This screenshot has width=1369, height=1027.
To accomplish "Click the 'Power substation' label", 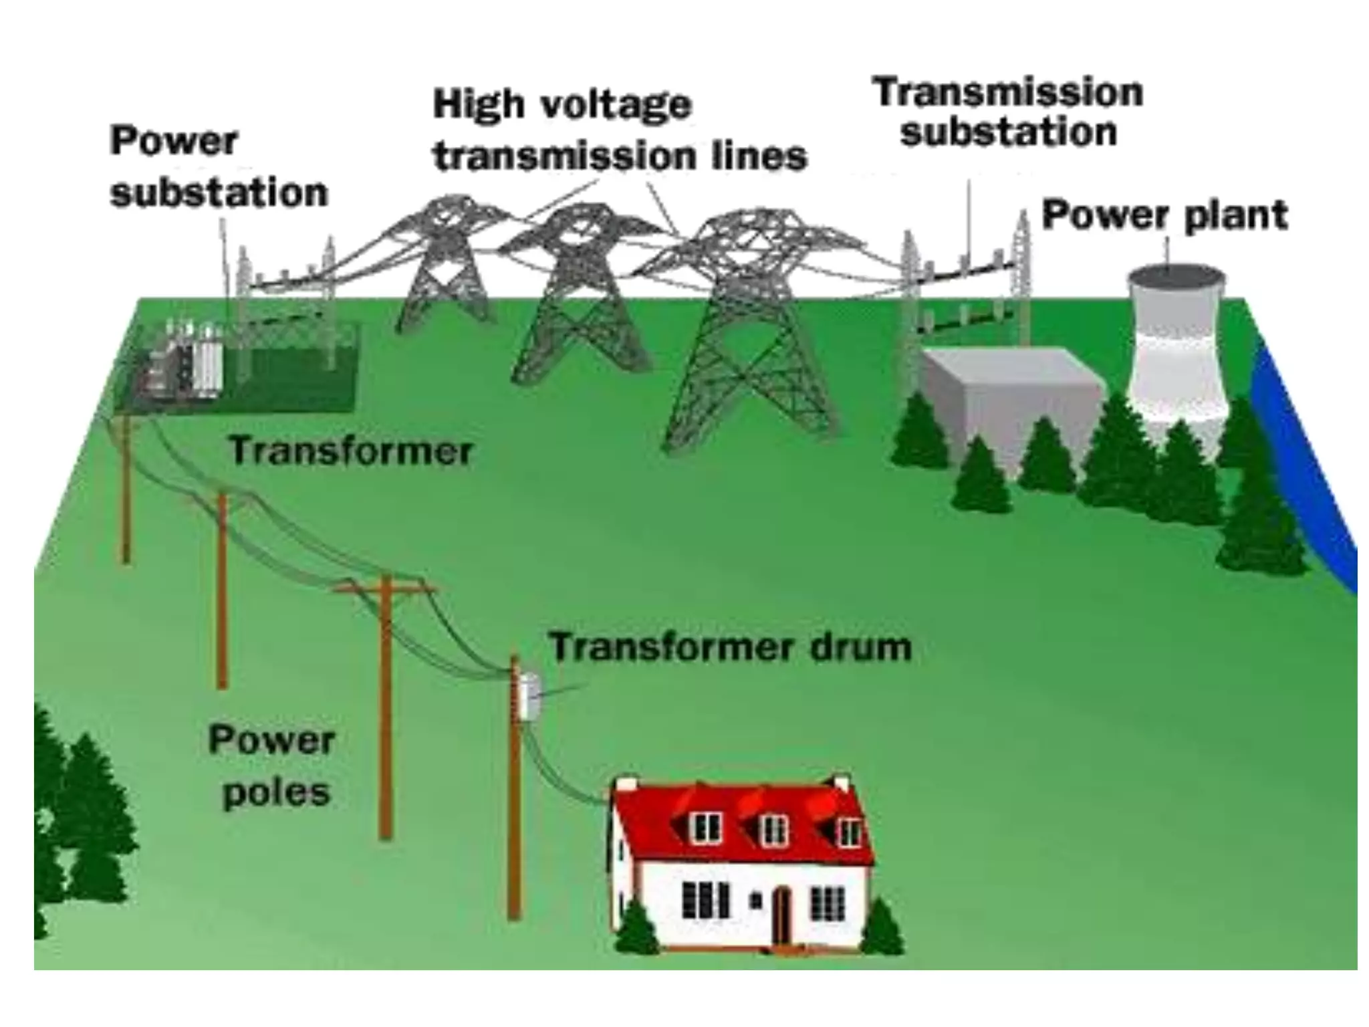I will (x=219, y=167).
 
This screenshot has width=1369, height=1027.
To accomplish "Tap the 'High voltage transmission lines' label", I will (x=619, y=131).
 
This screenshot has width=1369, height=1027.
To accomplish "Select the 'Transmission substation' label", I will (x=1008, y=112).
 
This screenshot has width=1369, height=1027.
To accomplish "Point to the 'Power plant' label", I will (x=1164, y=215).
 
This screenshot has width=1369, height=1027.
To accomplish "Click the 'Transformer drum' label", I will (x=730, y=647).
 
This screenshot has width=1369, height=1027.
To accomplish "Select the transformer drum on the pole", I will (x=529, y=696).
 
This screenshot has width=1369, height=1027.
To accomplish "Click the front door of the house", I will (x=781, y=913).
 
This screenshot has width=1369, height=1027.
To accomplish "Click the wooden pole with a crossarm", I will (x=386, y=702).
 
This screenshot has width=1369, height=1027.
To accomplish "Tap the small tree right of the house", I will (x=882, y=929).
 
